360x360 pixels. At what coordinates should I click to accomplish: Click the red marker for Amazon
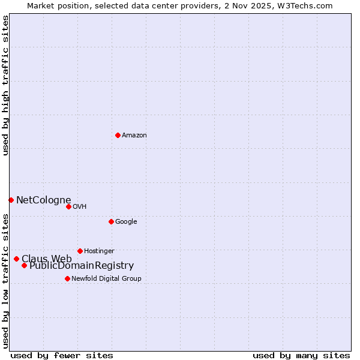118,135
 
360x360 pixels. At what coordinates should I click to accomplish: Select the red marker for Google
111,221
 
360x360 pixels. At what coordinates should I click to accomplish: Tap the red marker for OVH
68,206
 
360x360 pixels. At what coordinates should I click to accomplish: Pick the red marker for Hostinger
80,251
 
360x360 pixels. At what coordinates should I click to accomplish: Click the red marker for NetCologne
11,200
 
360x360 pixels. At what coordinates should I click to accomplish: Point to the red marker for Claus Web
16,259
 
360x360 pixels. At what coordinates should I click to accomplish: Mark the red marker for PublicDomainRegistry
24,265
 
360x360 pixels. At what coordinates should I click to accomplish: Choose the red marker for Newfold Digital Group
67,278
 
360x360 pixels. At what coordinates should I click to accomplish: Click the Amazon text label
134,135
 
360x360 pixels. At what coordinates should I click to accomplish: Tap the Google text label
126,221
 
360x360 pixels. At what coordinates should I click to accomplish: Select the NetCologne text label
43,200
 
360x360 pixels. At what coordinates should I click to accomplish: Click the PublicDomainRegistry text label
82,266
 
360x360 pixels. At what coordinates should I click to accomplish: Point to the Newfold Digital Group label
106,278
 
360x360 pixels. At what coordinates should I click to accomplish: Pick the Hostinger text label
99,251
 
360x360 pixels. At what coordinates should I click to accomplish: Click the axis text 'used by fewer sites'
62,355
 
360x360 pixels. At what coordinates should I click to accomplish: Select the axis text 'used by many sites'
301,355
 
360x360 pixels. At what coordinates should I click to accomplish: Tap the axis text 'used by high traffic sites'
5,86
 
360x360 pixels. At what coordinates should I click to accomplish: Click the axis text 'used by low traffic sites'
5,280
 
